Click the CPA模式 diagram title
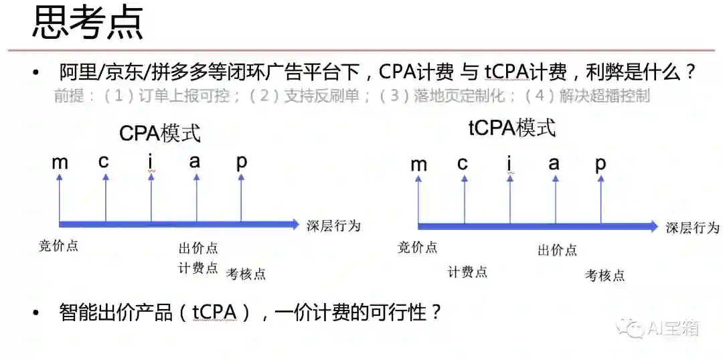click(160, 133)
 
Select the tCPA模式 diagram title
click(511, 128)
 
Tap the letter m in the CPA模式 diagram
click(60, 161)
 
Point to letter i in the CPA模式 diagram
click(151, 161)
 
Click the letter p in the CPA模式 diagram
click(241, 161)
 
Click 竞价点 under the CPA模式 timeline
click(59, 246)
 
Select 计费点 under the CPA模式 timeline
click(198, 268)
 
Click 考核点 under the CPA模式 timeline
click(246, 274)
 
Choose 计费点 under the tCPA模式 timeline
click(467, 272)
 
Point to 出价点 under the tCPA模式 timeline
click(557, 250)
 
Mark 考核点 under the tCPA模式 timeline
click(605, 275)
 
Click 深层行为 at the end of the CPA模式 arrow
click(333, 226)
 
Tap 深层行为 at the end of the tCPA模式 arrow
click(692, 228)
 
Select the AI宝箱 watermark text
click(673, 328)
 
